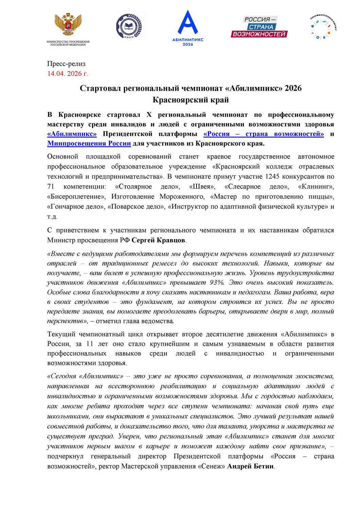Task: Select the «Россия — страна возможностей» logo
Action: [259, 26]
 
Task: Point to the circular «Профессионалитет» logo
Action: [323, 27]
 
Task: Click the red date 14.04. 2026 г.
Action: [68, 74]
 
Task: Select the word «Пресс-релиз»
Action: [66, 64]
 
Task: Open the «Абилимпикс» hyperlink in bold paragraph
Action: [72, 134]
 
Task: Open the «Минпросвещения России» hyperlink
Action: [89, 143]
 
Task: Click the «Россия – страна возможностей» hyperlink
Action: [264, 134]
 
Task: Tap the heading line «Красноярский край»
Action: [191, 100]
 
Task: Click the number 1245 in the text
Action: [272, 176]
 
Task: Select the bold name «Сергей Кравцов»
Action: [158, 240]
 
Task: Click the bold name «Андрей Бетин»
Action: [250, 466]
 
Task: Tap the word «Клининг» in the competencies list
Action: [316, 186]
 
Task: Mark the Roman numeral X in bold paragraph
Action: [149, 115]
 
